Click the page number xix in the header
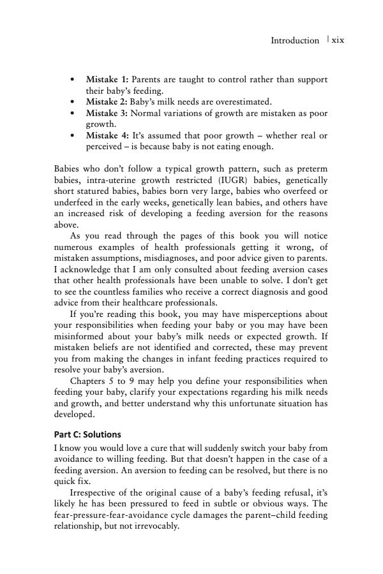[335, 40]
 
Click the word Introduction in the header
[295, 40]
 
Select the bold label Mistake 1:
[107, 80]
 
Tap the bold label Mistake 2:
[107, 101]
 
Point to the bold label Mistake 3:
[107, 113]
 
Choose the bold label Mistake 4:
[107, 136]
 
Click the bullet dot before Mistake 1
[75, 80]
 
